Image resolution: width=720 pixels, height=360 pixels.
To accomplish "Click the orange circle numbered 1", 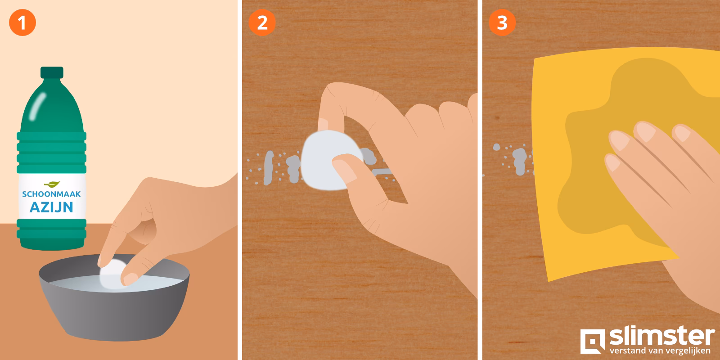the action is pyautogui.click(x=22, y=22).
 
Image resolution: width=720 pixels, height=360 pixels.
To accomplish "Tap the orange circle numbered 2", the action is pyautogui.click(x=262, y=22).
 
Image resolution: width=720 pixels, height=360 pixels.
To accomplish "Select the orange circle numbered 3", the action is pyautogui.click(x=502, y=22).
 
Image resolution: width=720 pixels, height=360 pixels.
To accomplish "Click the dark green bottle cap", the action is pyautogui.click(x=52, y=72).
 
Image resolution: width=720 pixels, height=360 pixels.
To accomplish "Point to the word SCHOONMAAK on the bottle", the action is pyautogui.click(x=51, y=194).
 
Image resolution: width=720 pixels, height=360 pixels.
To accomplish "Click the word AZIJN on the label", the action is pyautogui.click(x=51, y=207).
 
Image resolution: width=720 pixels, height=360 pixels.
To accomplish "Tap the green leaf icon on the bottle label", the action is pyautogui.click(x=52, y=184).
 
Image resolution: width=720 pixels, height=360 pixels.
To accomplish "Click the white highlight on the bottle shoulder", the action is pyautogui.click(x=37, y=106).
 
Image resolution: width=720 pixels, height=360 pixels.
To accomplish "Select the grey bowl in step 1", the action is pyautogui.click(x=114, y=297).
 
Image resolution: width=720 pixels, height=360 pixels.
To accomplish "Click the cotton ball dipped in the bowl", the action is pyautogui.click(x=112, y=274).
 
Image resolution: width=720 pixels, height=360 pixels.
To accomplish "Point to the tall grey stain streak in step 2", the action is pyautogui.click(x=268, y=168).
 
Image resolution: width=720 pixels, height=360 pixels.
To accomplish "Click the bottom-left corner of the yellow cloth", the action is pyautogui.click(x=549, y=281).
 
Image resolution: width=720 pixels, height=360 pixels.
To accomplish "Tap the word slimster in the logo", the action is pyautogui.click(x=662, y=337).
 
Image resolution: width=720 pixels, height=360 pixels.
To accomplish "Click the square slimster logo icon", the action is pyautogui.click(x=592, y=341).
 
